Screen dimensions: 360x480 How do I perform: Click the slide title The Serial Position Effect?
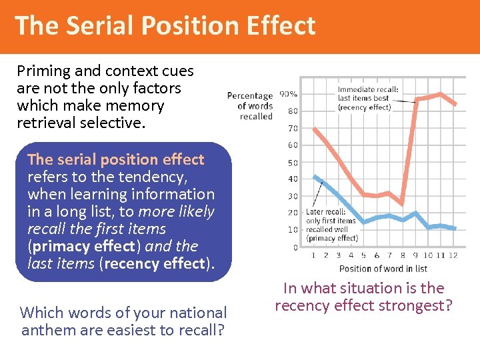click(165, 25)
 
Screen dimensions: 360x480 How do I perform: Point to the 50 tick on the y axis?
click(293, 163)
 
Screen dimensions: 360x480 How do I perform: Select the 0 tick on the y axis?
click(295, 247)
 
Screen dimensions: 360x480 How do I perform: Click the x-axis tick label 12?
click(454, 255)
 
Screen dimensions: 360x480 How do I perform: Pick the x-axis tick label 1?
click(313, 255)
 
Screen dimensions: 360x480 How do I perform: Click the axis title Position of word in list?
click(383, 269)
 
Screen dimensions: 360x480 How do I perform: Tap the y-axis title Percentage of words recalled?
click(251, 106)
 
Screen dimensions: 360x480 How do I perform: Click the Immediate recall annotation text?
click(368, 98)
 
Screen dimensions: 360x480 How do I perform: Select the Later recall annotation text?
click(331, 225)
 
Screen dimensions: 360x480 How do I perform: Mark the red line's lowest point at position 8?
click(402, 203)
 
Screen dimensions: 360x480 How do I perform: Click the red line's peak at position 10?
click(440, 94)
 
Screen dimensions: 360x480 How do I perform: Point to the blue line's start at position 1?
click(314, 177)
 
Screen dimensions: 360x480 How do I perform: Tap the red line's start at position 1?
click(314, 129)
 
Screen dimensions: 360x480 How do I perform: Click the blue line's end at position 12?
click(455, 229)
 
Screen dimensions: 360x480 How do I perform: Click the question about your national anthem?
click(123, 321)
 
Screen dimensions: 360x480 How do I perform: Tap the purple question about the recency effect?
click(363, 297)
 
